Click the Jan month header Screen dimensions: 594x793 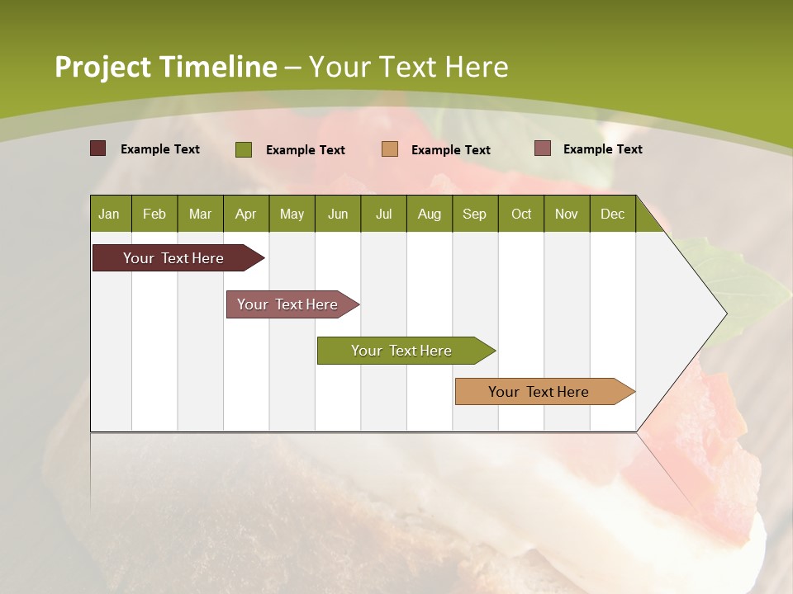pos(110,214)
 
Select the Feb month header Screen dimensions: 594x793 pos(154,214)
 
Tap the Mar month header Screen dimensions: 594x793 pos(200,214)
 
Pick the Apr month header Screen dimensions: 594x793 pos(246,214)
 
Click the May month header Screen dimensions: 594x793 pos(292,214)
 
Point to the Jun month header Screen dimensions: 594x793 pos(338,214)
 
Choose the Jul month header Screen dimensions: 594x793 pos(383,214)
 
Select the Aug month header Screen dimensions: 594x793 pos(430,214)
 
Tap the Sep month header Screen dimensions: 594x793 pos(475,214)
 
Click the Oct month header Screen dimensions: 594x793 pos(521,214)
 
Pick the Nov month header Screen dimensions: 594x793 pos(567,214)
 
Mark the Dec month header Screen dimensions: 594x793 pos(613,214)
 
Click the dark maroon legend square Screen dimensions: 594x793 pos(98,148)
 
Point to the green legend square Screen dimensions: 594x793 pos(244,149)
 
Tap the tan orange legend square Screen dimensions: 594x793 pos(390,148)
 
